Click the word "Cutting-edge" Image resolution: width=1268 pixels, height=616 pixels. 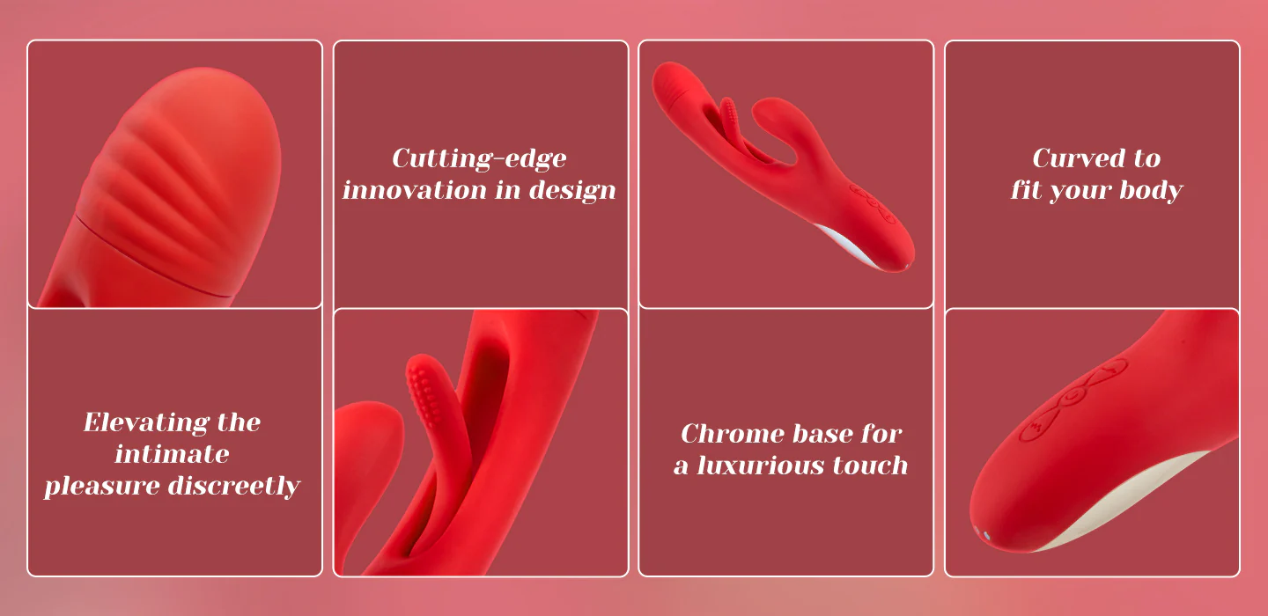tap(479, 159)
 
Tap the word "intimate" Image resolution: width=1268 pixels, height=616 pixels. tap(172, 454)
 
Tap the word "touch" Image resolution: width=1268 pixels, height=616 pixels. tap(870, 466)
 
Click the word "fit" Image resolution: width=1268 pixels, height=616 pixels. tap(1027, 191)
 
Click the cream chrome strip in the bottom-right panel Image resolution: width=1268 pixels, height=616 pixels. tap(1126, 498)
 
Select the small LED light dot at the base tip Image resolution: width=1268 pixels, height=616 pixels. tap(986, 535)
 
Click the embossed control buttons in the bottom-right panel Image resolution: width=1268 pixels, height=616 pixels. tap(1073, 400)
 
